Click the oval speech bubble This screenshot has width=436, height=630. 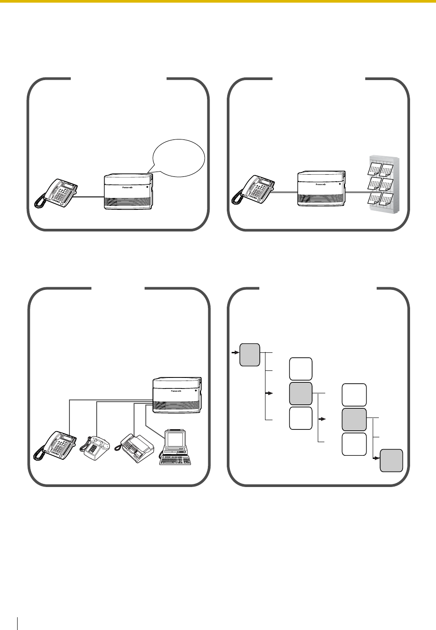179,157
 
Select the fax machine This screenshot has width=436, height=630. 134,448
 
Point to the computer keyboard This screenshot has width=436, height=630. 175,460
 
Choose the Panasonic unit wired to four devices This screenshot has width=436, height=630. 177,395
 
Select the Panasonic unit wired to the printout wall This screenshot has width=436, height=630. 321,188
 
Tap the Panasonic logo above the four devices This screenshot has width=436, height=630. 176,391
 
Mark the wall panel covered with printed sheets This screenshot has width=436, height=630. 384,184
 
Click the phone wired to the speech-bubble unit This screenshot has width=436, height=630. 56,193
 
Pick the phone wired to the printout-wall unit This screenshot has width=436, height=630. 253,190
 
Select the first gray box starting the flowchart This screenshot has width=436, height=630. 250,355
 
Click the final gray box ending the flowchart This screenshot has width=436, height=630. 391,461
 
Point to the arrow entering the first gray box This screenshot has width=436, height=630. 235,352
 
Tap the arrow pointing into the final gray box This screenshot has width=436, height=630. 376,458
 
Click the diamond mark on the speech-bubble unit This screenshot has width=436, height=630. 147,187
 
